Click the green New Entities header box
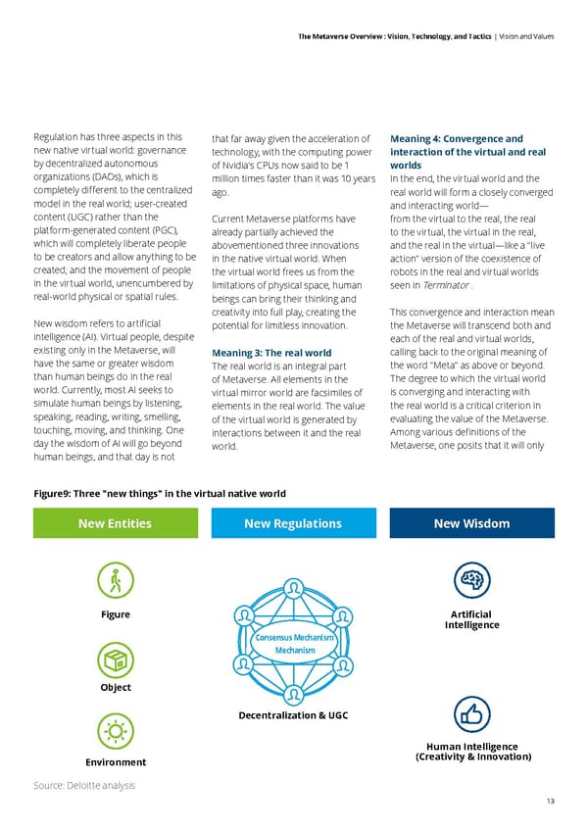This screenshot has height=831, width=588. click(115, 523)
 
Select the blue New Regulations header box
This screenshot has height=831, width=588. click(293, 523)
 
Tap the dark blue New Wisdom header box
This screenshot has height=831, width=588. click(472, 523)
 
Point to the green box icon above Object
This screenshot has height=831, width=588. click(116, 659)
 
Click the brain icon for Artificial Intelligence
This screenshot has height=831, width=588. click(472, 580)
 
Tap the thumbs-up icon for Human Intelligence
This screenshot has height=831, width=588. click(472, 715)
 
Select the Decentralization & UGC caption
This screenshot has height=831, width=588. click(293, 715)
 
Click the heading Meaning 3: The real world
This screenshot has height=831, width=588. click(271, 353)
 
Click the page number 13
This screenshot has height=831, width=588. click(549, 801)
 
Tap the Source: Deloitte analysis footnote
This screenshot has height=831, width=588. click(84, 785)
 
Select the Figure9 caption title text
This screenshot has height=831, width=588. click(160, 493)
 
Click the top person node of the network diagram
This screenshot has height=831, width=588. click(294, 586)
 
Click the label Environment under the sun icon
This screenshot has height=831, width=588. click(116, 762)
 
